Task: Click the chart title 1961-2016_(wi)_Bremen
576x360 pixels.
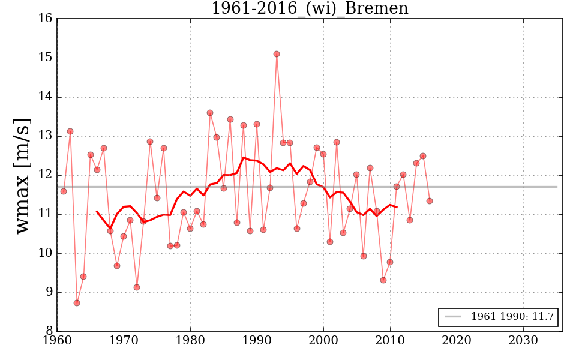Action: point(310,8)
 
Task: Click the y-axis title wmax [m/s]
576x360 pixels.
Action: point(22,175)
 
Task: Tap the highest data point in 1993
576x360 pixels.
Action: point(277,54)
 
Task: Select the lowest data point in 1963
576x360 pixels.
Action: point(77,303)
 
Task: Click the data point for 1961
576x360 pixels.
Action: point(64,191)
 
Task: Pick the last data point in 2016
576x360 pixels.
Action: point(430,201)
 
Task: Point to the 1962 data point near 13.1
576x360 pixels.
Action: point(70,131)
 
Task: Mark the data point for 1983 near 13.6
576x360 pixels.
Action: point(210,113)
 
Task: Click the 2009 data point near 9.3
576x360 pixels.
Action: point(383,280)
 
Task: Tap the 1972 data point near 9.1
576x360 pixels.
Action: point(137,287)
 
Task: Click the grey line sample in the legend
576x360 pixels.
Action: point(454,317)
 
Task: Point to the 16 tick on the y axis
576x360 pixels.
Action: point(45,19)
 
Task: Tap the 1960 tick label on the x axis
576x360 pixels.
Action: point(57,341)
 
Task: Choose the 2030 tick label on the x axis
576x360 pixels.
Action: point(523,341)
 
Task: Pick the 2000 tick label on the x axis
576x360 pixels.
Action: point(323,341)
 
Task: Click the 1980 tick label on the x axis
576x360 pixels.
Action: point(190,341)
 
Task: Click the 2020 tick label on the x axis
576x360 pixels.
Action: point(457,341)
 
